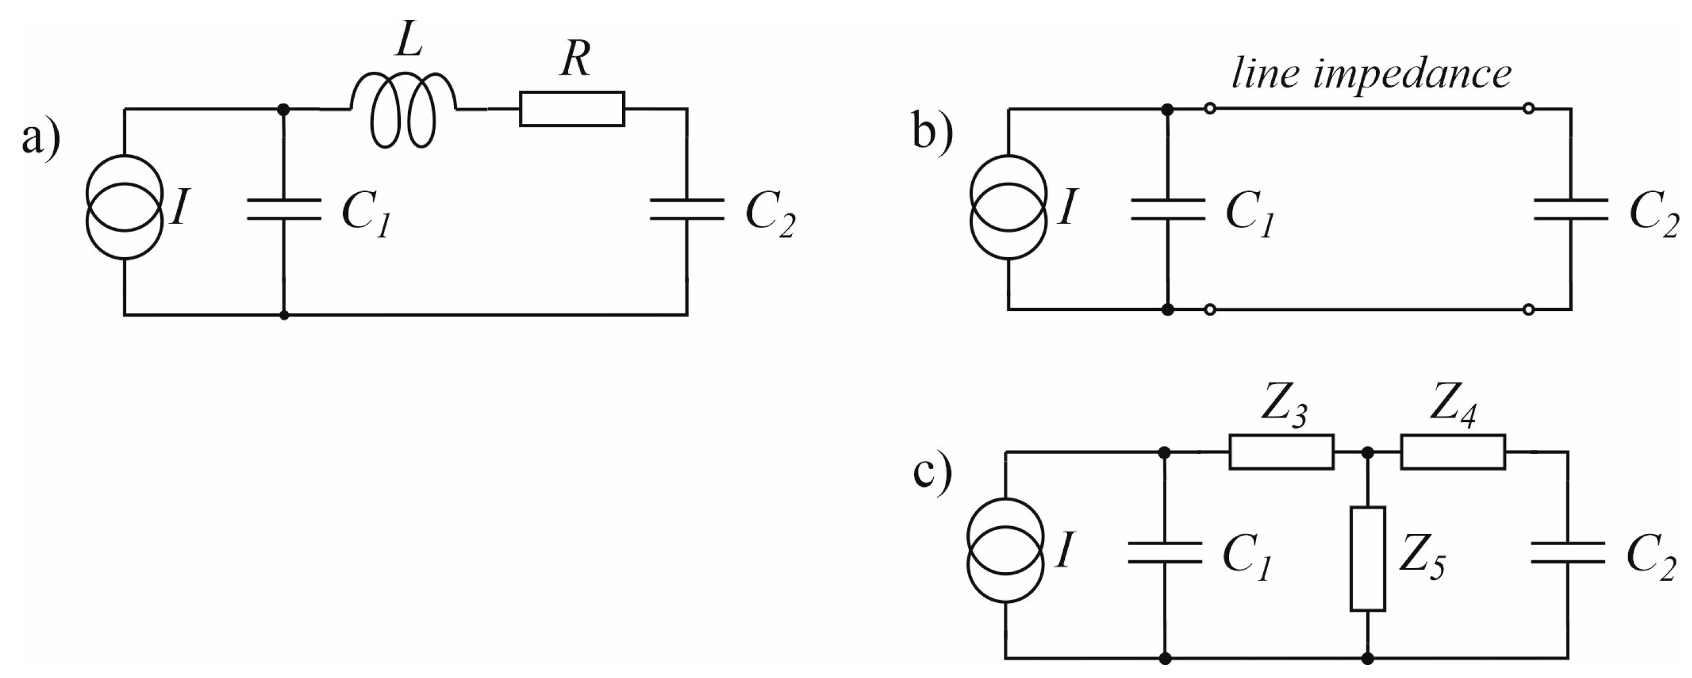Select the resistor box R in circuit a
coord(572,109)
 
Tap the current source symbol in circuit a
coord(124,207)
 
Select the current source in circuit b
coord(1008,207)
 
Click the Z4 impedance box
coord(1452,452)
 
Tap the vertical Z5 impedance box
coord(1367,559)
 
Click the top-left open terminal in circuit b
coord(1210,109)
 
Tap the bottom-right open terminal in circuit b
coord(1528,309)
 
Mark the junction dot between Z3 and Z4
coord(1367,453)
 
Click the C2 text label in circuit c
coord(1651,559)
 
